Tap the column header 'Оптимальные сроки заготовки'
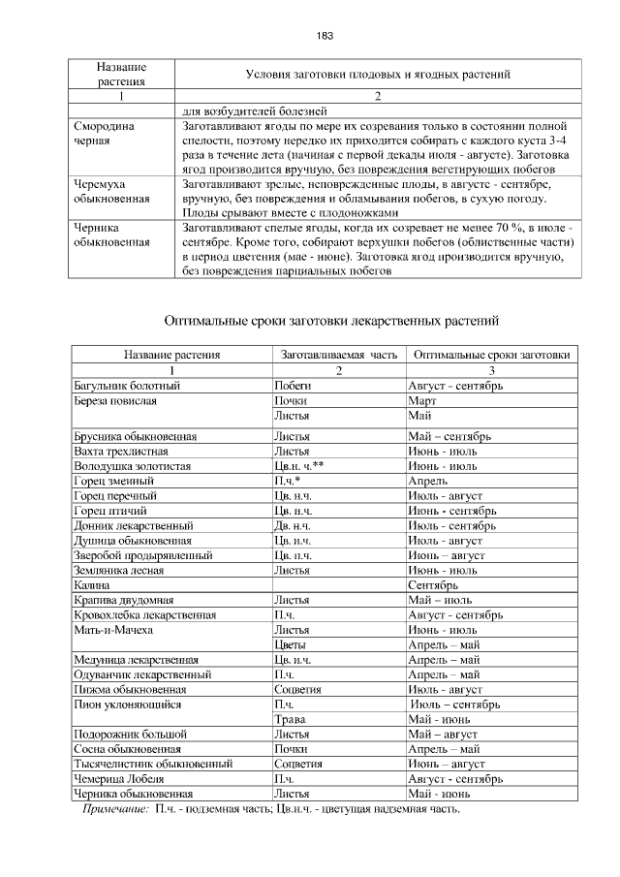coord(491,356)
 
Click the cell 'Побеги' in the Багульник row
coord(293,386)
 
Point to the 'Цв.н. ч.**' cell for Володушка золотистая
coord(298,466)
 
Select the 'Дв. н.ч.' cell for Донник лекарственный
coord(294,525)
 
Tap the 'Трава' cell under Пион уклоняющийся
coord(291,719)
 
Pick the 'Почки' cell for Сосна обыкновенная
coord(292,749)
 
